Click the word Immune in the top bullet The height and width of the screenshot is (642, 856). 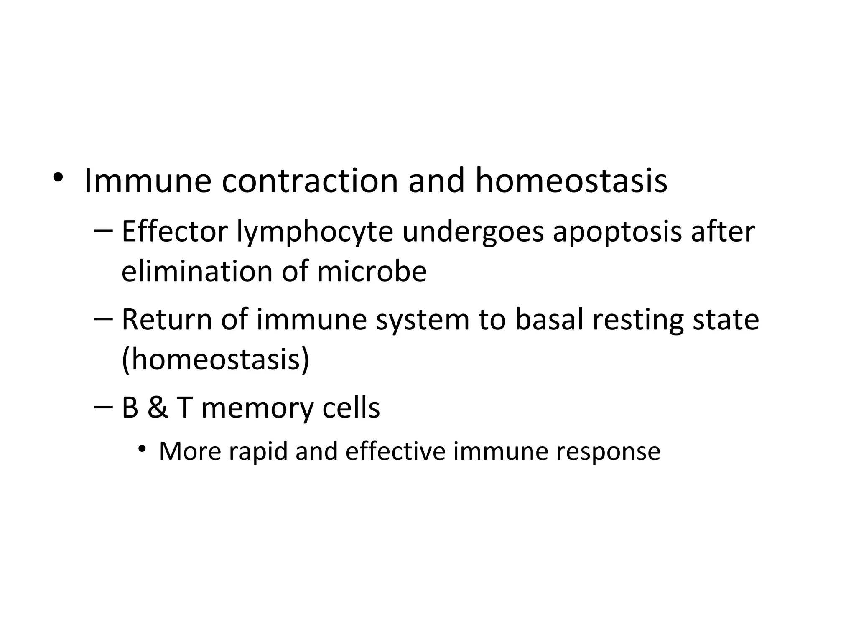coord(148,181)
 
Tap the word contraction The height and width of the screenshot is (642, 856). coord(310,181)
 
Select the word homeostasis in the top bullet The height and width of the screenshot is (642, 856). coord(571,181)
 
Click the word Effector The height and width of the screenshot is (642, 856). coord(174,232)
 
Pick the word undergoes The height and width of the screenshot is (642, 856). coord(473,232)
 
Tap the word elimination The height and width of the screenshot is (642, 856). coord(197,272)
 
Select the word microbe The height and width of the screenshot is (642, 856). coord(372,272)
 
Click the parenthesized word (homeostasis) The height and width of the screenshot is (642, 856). coord(215,359)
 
